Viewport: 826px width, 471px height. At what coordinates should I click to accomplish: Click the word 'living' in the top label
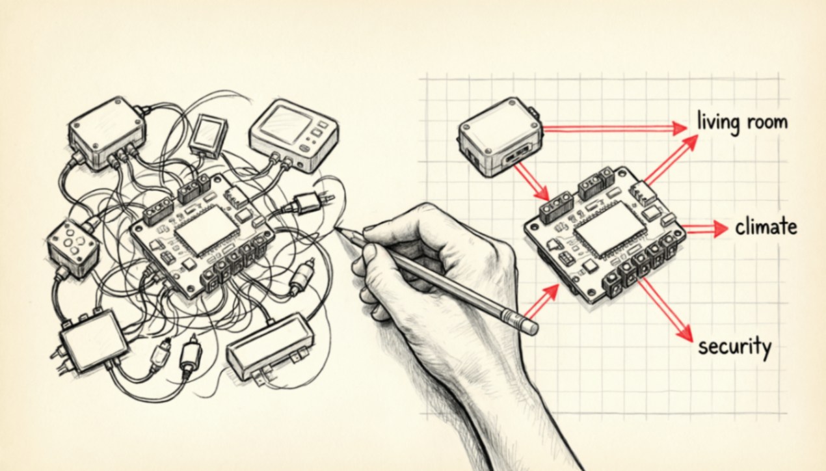[x=717, y=123]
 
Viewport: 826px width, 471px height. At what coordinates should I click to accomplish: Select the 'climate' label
[x=766, y=227]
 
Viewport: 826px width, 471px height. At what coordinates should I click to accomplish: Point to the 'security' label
[x=734, y=347]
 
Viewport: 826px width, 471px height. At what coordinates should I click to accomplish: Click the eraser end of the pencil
[x=531, y=327]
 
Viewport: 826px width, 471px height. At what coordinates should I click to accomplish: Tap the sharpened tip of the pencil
[x=336, y=229]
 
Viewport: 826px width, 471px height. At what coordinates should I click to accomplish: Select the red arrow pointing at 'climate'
[x=704, y=229]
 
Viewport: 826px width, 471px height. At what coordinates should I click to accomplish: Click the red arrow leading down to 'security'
[x=665, y=310]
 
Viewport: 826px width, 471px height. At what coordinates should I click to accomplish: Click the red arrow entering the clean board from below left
[x=541, y=302]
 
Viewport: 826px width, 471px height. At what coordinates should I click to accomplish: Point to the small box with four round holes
[x=73, y=247]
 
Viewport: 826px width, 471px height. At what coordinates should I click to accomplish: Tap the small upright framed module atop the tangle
[x=209, y=135]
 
